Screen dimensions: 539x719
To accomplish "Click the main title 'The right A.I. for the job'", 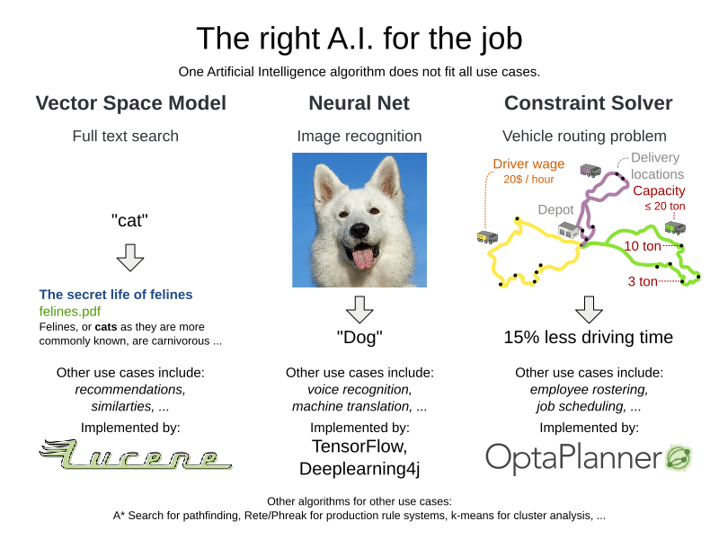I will (x=359, y=38).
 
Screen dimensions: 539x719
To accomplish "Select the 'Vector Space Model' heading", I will (x=131, y=103).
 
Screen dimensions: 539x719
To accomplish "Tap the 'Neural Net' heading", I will (x=359, y=103).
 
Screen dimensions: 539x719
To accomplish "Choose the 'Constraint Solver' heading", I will (x=588, y=103).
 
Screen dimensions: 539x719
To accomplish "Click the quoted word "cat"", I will (x=130, y=221).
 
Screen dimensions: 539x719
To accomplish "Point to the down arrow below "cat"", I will (x=130, y=257).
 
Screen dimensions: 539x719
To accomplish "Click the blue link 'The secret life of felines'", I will (x=116, y=295).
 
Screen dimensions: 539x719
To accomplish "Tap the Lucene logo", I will (x=135, y=456).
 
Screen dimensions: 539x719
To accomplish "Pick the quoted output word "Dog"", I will (x=359, y=338).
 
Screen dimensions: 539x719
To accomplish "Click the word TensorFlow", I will (x=359, y=446).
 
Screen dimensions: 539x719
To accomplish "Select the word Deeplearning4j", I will (x=359, y=469).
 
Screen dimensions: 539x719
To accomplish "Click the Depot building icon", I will (x=569, y=231).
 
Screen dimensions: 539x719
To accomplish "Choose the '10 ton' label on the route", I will (x=643, y=246).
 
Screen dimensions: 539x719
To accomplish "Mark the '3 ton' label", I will (x=643, y=281).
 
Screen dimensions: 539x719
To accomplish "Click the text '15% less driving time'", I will (x=588, y=338).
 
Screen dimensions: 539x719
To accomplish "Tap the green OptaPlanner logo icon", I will (x=678, y=457).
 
